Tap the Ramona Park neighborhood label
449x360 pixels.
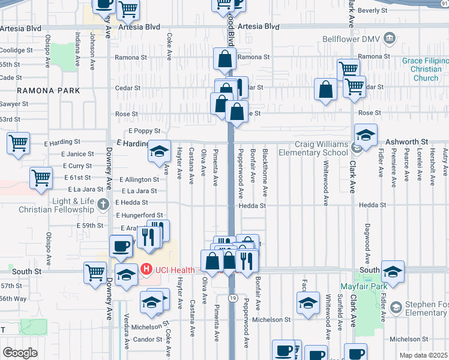click(48, 91)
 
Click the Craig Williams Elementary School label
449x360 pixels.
click(322, 149)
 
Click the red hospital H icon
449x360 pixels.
click(147, 271)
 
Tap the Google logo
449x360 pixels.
click(19, 353)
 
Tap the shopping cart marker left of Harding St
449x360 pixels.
click(18, 143)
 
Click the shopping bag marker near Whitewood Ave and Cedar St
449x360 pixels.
click(325, 90)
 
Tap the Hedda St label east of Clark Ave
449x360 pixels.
click(372, 205)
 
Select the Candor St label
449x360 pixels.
click(147, 340)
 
